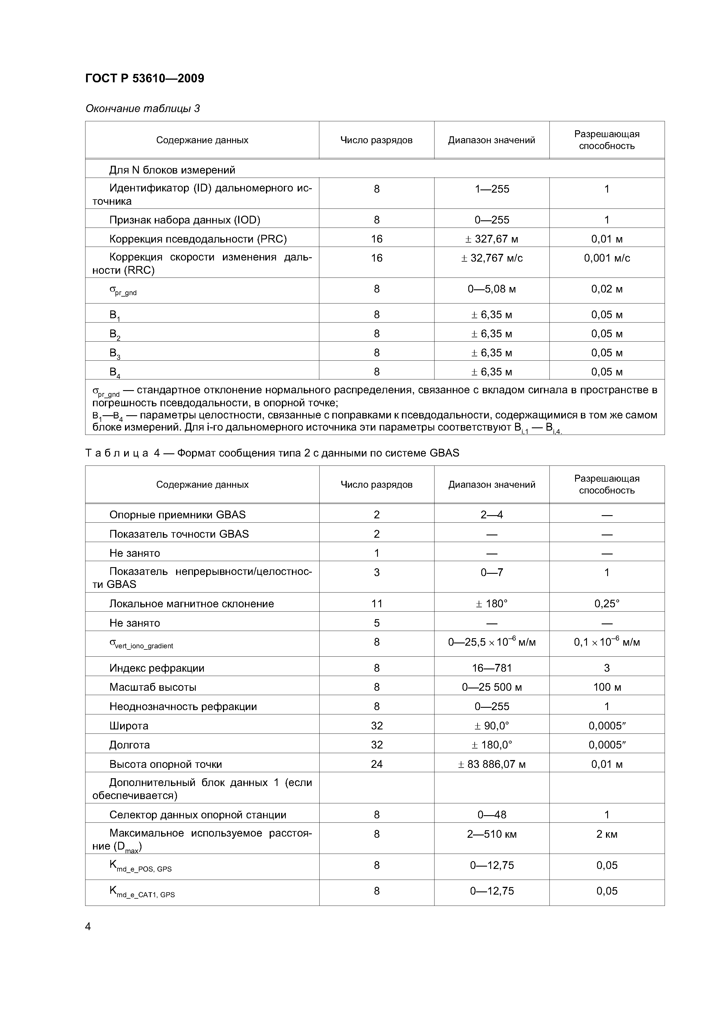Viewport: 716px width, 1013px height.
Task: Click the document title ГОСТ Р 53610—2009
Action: point(144,79)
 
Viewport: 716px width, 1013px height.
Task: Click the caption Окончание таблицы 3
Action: point(143,109)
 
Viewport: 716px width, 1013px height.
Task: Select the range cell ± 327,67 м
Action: point(491,239)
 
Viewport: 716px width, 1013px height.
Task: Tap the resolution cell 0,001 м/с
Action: point(607,258)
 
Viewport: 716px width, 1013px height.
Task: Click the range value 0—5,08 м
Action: point(491,289)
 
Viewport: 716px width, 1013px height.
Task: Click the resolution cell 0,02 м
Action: point(607,289)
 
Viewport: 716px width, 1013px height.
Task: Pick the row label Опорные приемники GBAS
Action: point(177,515)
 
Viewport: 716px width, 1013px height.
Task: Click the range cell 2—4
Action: point(491,515)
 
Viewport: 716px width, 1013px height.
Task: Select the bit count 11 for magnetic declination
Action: point(376,604)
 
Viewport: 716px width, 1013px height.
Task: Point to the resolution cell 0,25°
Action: point(607,604)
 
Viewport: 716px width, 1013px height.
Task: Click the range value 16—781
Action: point(491,668)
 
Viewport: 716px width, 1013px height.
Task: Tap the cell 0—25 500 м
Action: point(491,687)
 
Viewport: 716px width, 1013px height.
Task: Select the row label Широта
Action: point(128,726)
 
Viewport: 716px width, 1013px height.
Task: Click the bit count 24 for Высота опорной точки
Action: point(376,764)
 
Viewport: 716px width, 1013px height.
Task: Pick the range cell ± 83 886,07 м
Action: point(491,764)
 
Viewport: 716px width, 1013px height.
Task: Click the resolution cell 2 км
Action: point(607,834)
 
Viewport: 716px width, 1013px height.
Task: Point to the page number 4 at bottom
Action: point(88,927)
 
